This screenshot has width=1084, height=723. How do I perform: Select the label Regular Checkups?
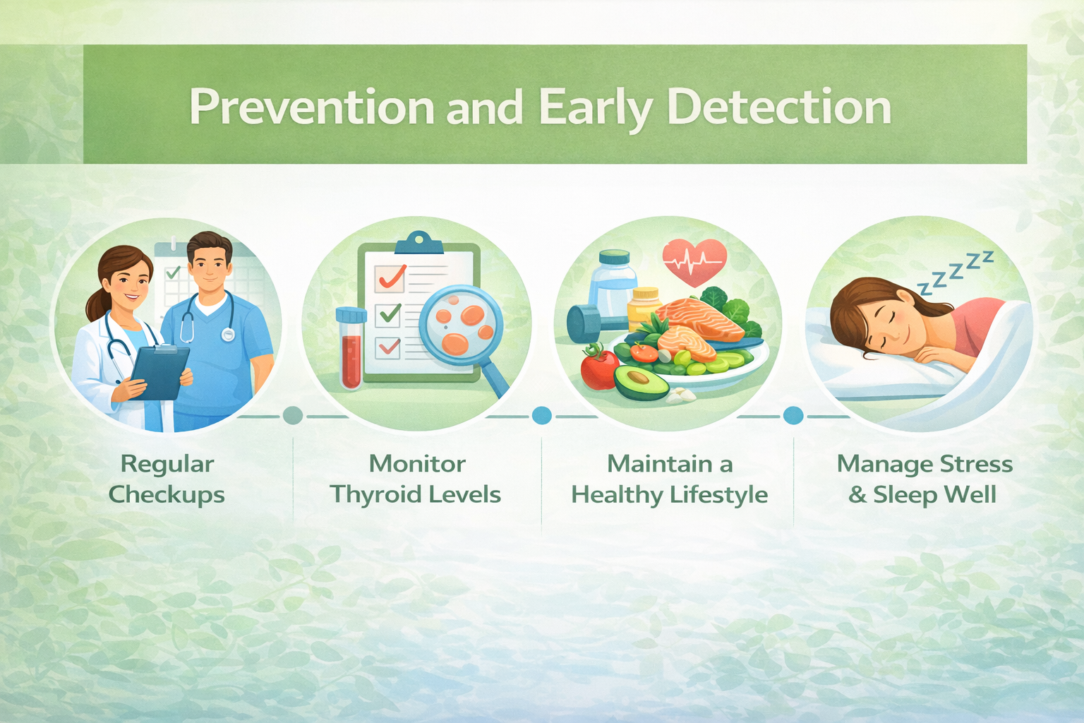[167, 480]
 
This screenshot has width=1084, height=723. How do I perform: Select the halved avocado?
[642, 382]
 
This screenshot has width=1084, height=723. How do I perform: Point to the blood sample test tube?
[351, 348]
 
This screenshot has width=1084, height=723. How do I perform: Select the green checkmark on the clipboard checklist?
[390, 313]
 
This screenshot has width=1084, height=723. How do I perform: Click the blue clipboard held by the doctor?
[159, 371]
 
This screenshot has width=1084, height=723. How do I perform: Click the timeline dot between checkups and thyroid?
[293, 415]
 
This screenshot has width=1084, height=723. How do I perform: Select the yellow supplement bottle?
[644, 305]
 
